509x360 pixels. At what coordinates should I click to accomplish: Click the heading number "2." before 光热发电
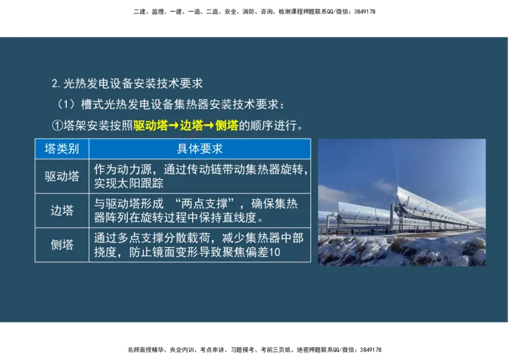point(56,83)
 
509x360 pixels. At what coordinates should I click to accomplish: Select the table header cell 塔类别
point(62,149)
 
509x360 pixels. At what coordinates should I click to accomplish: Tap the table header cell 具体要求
point(199,149)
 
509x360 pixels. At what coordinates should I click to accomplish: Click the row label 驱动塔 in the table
point(62,176)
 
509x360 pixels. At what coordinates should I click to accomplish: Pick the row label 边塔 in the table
point(62,211)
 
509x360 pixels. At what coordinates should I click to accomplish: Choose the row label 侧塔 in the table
point(62,245)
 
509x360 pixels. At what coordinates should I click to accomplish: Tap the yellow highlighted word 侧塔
point(227,125)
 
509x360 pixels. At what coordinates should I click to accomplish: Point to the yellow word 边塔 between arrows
point(192,125)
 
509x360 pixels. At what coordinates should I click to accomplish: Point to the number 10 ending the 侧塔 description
point(275,253)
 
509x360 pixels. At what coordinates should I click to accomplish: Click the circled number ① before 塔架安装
point(56,125)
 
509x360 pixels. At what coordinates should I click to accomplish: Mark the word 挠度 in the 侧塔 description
point(104,253)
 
